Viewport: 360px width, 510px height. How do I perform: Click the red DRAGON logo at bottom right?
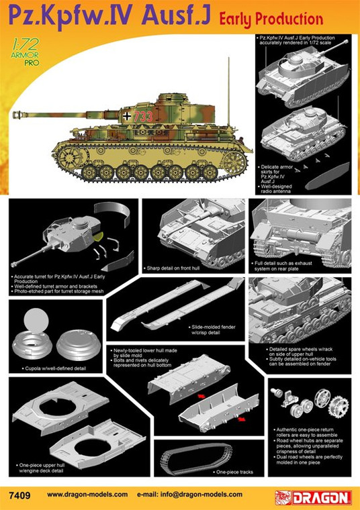click(313, 497)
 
